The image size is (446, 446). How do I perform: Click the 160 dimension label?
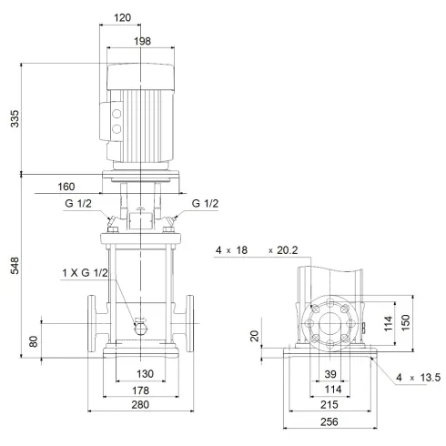[x=66, y=187]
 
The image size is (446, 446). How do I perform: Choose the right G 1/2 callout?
[x=205, y=205]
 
